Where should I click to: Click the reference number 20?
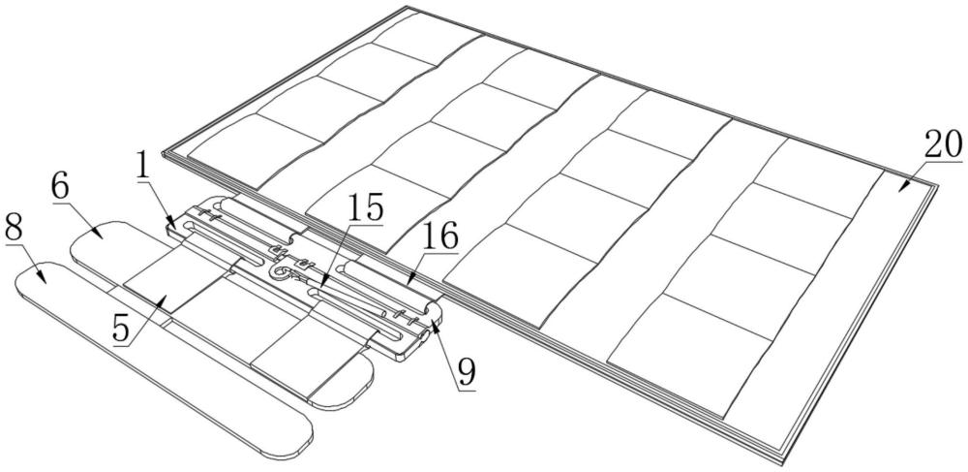[941, 144]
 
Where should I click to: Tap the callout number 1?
[144, 166]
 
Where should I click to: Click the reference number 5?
[121, 328]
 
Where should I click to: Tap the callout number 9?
[468, 369]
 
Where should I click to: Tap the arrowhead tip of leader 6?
[103, 236]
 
